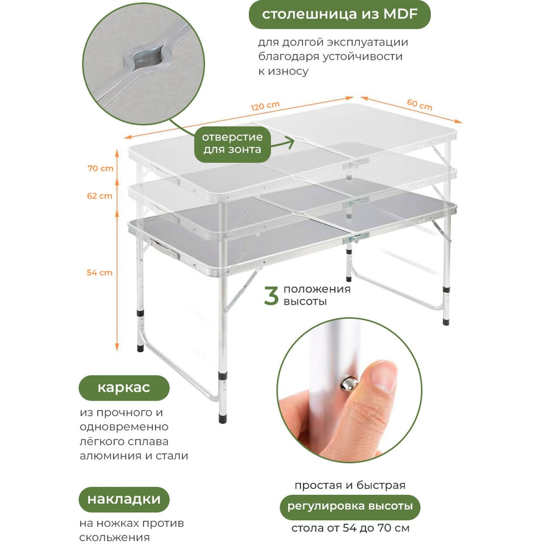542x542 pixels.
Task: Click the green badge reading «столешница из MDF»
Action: point(339,15)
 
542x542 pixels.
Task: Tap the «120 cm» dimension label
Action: point(265,106)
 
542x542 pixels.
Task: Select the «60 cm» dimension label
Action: point(420,105)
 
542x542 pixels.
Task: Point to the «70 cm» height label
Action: point(100,169)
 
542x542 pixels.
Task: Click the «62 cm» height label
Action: point(100,196)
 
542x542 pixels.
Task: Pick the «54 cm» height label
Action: point(100,273)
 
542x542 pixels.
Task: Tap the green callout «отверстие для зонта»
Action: point(233,143)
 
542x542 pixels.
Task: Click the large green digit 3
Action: point(271,295)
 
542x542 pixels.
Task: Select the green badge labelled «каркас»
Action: point(124,388)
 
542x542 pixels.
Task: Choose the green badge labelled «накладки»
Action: point(124,500)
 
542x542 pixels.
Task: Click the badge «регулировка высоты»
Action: point(350,507)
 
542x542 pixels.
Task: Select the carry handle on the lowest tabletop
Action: point(165,249)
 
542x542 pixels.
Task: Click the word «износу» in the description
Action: point(288,71)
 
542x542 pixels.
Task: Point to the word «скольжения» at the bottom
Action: point(114,537)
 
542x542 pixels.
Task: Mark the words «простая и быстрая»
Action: point(350,485)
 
